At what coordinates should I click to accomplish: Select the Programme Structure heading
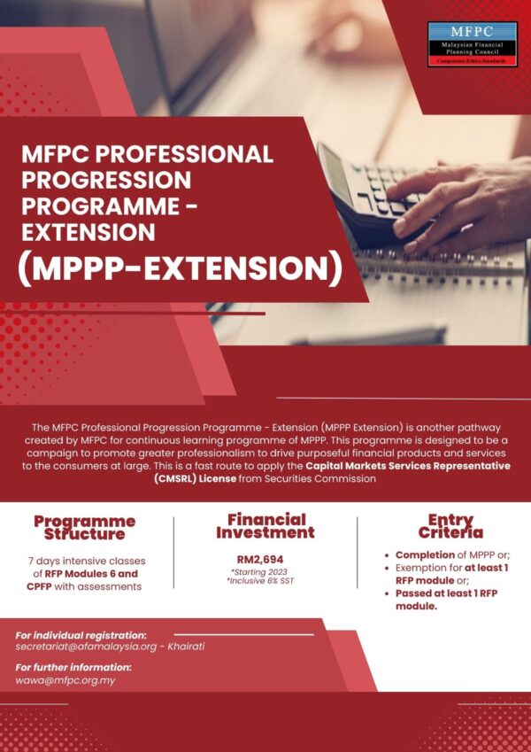pyautogui.click(x=84, y=527)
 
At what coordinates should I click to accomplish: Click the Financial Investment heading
pyautogui.click(x=265, y=526)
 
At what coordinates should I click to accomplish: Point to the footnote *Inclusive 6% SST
pyautogui.click(x=265, y=584)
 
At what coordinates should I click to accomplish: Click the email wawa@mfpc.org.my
pyautogui.click(x=65, y=680)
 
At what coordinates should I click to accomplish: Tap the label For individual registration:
pyautogui.click(x=81, y=635)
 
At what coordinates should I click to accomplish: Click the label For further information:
pyautogui.click(x=73, y=668)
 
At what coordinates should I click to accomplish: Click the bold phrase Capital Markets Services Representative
pyautogui.click(x=408, y=466)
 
